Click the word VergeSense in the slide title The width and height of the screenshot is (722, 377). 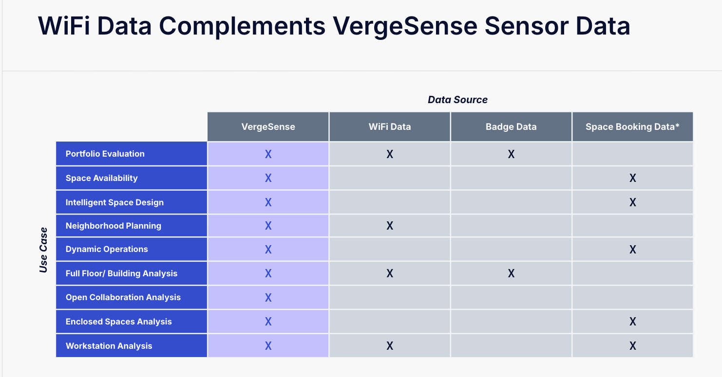[405, 26]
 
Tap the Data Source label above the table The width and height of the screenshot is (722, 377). [457, 100]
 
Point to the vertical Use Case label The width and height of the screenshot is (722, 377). [43, 250]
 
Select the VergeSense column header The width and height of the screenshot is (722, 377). [268, 126]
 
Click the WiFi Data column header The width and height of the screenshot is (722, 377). [390, 126]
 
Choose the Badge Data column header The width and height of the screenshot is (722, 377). [511, 126]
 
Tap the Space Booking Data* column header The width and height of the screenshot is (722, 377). [632, 126]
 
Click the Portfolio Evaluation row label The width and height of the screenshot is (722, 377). [105, 154]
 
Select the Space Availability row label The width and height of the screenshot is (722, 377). [101, 178]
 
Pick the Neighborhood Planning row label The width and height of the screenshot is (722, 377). [114, 226]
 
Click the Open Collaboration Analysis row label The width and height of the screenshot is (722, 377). [123, 297]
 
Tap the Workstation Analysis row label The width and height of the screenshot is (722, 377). [109, 346]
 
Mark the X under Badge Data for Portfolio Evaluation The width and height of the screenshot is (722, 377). [511, 154]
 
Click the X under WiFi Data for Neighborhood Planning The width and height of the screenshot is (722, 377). [390, 226]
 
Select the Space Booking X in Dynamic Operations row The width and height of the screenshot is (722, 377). [633, 250]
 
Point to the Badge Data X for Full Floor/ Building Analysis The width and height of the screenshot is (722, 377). [511, 273]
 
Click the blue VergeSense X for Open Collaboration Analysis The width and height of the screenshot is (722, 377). [268, 298]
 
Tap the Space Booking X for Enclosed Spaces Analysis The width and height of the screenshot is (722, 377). [633, 322]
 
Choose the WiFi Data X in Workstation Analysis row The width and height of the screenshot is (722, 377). [390, 346]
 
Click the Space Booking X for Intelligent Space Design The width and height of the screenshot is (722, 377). [633, 202]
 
